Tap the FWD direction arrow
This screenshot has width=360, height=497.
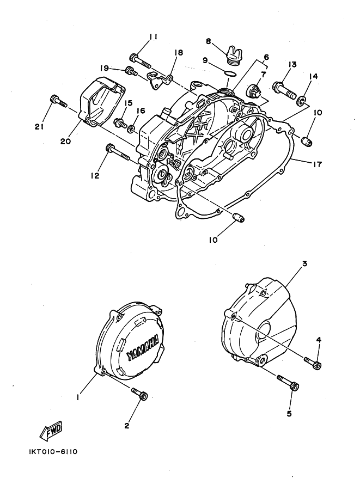click(50, 431)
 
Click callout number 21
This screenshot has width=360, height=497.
click(38, 127)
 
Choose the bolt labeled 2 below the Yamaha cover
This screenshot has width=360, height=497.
click(140, 394)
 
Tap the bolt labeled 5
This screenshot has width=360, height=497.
click(288, 383)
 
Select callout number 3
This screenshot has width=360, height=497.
click(304, 264)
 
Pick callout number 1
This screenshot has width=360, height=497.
click(78, 397)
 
